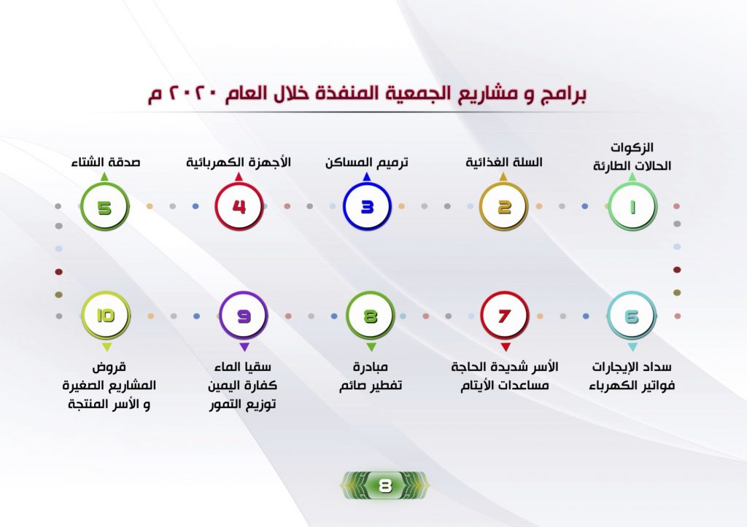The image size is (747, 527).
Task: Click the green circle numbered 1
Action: point(632,207)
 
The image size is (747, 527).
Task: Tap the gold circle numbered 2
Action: point(503,207)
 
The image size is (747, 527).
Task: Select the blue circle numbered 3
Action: point(367,207)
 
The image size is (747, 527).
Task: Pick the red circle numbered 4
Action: point(239,207)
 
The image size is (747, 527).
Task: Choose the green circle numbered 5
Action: point(104,207)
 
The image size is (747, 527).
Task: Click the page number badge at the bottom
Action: point(384,485)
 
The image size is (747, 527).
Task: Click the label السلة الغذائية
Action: point(504,163)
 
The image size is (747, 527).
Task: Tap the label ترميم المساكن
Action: point(367,163)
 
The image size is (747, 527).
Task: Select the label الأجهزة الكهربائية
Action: point(239,163)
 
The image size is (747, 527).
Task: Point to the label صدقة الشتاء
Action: point(106,163)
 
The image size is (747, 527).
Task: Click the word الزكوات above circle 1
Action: point(632,147)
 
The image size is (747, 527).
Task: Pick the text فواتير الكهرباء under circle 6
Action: point(632,385)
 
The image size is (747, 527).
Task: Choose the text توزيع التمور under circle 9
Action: point(242,404)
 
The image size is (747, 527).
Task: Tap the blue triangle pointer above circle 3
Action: point(367,176)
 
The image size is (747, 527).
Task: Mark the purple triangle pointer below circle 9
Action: point(244,347)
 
